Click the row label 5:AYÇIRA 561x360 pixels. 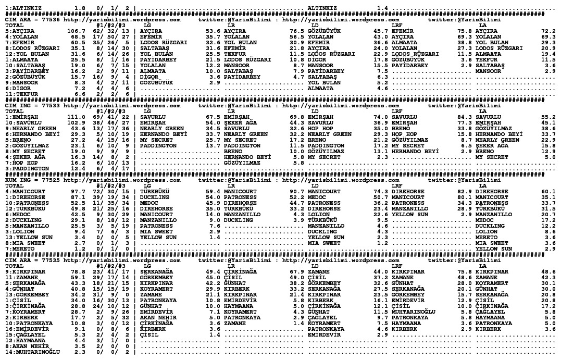pos(19,31)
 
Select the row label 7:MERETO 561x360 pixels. pos(19,249)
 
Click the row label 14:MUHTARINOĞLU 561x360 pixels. pos(30,354)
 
